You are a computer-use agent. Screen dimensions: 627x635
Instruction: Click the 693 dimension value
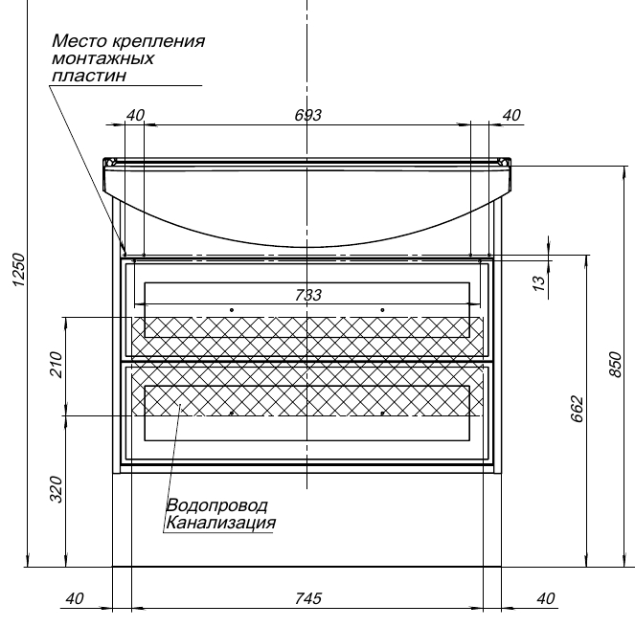tap(307, 115)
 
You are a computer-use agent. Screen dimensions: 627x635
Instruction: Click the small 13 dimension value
tap(538, 281)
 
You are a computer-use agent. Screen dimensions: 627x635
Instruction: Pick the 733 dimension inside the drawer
tap(307, 295)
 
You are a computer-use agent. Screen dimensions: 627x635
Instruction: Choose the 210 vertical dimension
tap(55, 366)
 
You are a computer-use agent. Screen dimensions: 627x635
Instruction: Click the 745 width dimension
tap(307, 599)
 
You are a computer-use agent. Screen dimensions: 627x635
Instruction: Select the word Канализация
tap(221, 523)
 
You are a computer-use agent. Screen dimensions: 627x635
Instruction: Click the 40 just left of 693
tap(134, 115)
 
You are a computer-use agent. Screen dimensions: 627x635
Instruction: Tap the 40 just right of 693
tap(510, 115)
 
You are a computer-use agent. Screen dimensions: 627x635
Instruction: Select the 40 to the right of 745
tap(546, 599)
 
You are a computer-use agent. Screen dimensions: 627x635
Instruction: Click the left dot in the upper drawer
tap(232, 309)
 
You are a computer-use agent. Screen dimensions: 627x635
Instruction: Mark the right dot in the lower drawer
tap(382, 413)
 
